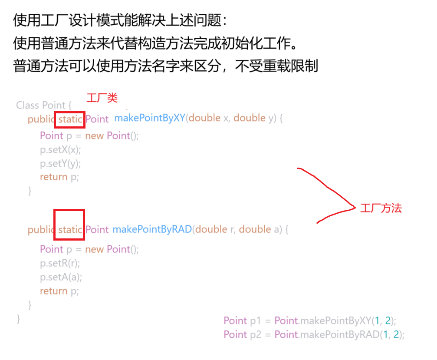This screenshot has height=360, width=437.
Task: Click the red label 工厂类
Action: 102,98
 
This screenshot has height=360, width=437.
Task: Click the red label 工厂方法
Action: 381,208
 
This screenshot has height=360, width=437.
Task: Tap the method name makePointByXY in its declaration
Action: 149,118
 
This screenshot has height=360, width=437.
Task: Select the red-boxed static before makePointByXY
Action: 70,119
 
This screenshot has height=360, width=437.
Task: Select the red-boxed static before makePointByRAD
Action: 69,229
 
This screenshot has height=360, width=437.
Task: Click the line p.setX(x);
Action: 61,150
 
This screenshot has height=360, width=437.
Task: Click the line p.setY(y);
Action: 61,164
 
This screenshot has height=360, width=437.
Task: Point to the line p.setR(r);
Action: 60,264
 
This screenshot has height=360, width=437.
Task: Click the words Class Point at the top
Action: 41,105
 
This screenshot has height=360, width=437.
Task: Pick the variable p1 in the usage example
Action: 255,321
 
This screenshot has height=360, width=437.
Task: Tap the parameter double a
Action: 259,229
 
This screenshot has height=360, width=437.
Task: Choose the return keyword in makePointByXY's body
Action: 54,177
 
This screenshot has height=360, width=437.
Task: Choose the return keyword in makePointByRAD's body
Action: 54,291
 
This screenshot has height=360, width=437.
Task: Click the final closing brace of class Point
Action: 18,318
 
